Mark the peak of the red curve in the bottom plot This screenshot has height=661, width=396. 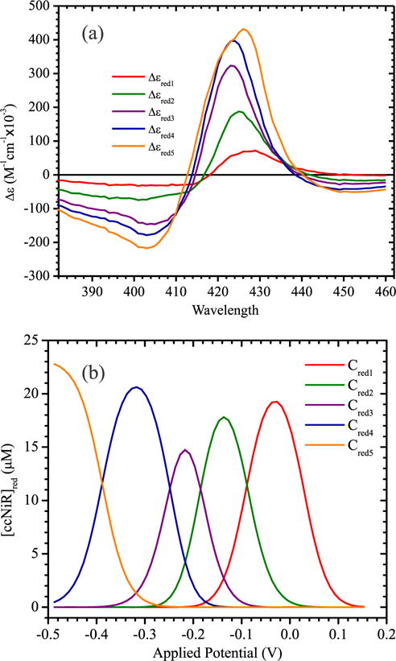click(x=274, y=402)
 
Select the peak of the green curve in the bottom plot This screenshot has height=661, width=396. click(x=225, y=417)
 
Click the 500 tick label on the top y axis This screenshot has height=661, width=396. click(x=35, y=6)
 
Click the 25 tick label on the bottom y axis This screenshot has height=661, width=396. click(x=34, y=341)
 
